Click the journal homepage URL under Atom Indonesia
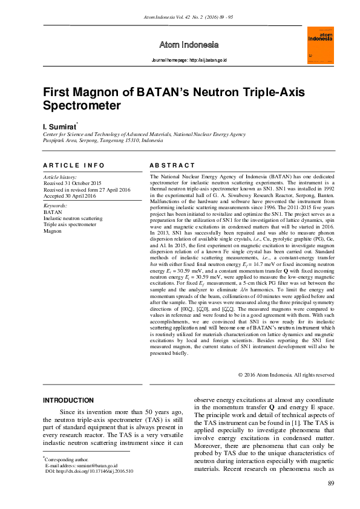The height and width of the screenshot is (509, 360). (x=189, y=61)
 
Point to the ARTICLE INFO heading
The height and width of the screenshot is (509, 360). (x=74, y=165)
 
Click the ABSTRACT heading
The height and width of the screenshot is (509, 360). (x=171, y=165)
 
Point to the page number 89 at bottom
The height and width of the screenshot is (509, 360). (x=330, y=483)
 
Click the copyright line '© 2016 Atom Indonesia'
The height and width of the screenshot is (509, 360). (x=286, y=375)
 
